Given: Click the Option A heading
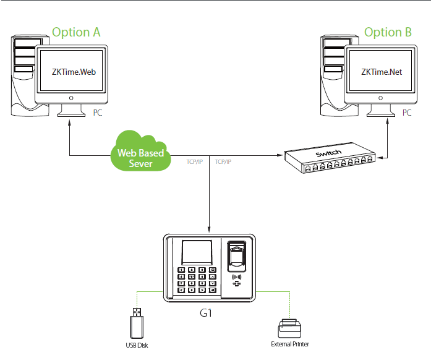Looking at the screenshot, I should pos(76,32).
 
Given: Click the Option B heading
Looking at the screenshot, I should pos(388,32).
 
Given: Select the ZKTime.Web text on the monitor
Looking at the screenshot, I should pos(73,72).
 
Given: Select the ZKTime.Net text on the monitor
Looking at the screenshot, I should pos(382,72).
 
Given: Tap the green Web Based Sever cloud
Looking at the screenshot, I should pos(140,151).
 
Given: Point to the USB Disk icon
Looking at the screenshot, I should pos(136,321).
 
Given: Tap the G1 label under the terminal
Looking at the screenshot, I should pos(207,313).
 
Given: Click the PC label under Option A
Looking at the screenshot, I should pos(98,113).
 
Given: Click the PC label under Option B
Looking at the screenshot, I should pos(407,113).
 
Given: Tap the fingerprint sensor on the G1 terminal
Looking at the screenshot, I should pos(236,255).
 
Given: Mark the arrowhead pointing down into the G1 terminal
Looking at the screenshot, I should pos(210,231).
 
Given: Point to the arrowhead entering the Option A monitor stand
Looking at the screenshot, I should pos(69,122).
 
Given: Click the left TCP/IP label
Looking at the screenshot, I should pos(195,161).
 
